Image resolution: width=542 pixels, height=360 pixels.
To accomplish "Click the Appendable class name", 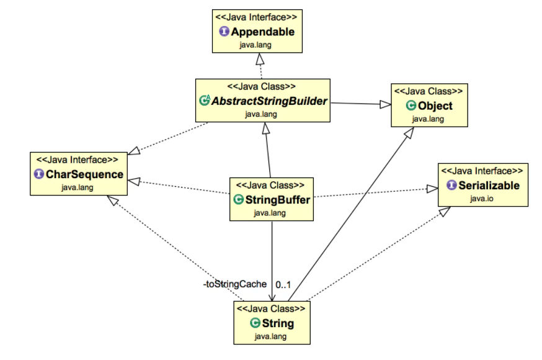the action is pyautogui.click(x=263, y=32).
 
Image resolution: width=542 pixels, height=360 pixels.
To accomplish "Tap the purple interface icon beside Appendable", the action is pyautogui.click(x=224, y=31).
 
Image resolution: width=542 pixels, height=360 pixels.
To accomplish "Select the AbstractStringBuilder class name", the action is pyautogui.click(x=269, y=101).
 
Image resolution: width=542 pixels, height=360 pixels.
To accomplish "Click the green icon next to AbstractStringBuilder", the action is pyautogui.click(x=205, y=100).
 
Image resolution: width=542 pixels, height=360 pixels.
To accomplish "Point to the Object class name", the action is pyautogui.click(x=435, y=106).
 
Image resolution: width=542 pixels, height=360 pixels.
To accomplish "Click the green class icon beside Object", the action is pyautogui.click(x=411, y=105).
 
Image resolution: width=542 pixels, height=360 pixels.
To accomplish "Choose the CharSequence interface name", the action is pyautogui.click(x=84, y=174).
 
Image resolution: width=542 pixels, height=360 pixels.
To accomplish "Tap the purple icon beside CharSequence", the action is pyautogui.click(x=38, y=174).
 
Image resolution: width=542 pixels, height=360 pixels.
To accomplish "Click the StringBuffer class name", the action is pyautogui.click(x=278, y=199).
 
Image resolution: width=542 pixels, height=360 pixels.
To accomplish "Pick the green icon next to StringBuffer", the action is pyautogui.click(x=239, y=199).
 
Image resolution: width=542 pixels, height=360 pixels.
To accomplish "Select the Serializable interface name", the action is pyautogui.click(x=489, y=186).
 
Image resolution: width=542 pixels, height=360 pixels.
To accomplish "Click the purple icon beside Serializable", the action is pyautogui.click(x=452, y=185).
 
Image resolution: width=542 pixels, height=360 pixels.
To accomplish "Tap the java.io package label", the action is pyautogui.click(x=481, y=199).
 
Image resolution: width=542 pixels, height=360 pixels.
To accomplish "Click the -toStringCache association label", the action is pyautogui.click(x=234, y=284).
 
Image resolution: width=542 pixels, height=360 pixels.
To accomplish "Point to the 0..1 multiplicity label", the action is pyautogui.click(x=283, y=285).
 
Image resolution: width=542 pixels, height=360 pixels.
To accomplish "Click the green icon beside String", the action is pyautogui.click(x=255, y=323).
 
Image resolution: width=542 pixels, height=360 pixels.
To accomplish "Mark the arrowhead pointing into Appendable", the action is pyautogui.click(x=260, y=59).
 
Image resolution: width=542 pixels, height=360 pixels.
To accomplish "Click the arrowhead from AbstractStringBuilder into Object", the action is pyautogui.click(x=385, y=104).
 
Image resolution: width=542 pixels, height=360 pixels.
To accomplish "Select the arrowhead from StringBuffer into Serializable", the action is pyautogui.click(x=432, y=189).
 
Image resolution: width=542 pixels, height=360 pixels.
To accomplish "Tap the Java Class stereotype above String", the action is pyautogui.click(x=271, y=308).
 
